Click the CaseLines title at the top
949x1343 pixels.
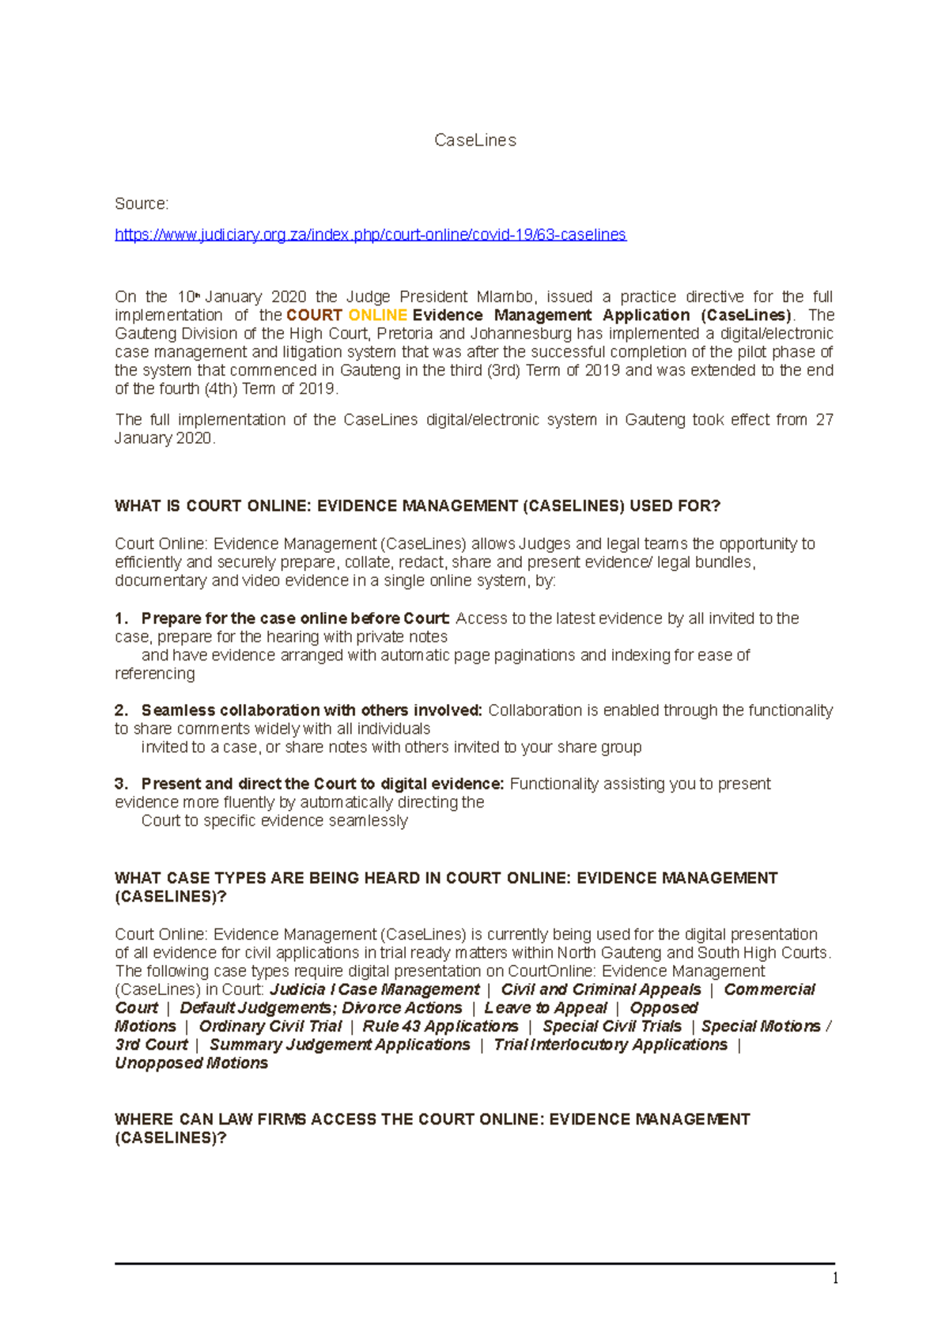(475, 140)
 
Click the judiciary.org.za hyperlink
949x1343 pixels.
(370, 235)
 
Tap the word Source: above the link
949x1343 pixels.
(142, 204)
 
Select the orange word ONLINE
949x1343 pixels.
(377, 316)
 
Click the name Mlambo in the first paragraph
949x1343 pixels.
(505, 297)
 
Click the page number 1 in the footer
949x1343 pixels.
(835, 1279)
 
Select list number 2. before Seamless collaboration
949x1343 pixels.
(121, 711)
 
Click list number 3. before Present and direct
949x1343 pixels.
(121, 785)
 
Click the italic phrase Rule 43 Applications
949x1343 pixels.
(440, 1027)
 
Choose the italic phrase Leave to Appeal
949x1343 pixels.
(546, 1008)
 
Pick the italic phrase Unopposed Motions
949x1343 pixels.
(191, 1064)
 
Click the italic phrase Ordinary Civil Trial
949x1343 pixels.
(270, 1027)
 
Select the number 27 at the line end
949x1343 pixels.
(824, 420)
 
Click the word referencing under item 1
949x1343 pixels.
(155, 674)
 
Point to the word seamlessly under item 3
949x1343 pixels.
(368, 821)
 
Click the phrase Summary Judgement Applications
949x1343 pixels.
(339, 1045)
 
